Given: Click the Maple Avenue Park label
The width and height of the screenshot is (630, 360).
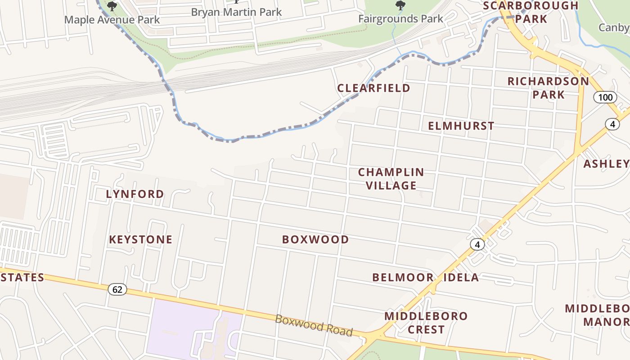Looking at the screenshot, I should pos(112,20).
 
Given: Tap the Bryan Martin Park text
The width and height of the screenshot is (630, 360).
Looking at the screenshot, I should pos(236,12).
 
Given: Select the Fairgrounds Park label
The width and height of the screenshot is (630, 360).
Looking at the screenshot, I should pos(400,19).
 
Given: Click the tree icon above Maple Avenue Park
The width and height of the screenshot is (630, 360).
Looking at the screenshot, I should pos(112,6).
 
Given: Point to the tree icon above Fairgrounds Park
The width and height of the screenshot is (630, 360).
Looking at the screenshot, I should pos(400,5).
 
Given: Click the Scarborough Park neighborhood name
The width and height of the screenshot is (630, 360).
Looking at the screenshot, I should pos(531,12).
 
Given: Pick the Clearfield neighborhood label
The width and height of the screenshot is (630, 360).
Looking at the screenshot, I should pos(373,88).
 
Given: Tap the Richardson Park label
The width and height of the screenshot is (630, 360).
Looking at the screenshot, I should pos(548,88).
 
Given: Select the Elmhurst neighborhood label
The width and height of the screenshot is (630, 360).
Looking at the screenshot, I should pos(461,126).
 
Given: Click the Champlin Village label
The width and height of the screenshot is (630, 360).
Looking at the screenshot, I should pos(391,179).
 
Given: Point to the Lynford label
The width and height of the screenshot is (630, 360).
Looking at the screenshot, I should pos(135,194).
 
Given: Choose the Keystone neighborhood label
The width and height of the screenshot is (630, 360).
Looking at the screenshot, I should pos(141,239).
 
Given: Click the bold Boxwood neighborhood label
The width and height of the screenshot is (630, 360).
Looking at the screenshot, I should pos(315,239).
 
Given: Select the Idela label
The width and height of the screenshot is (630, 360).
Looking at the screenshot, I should pos(461,277).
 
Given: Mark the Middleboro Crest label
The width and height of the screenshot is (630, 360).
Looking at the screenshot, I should pos(426,323).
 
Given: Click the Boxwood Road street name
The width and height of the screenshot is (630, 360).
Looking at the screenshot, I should pos(314,325).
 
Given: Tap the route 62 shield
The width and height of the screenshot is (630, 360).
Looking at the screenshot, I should pos(117,289).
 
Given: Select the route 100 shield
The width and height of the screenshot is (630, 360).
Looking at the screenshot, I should pos(605,97).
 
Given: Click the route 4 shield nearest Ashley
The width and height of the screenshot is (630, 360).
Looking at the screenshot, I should pos(612,124).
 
